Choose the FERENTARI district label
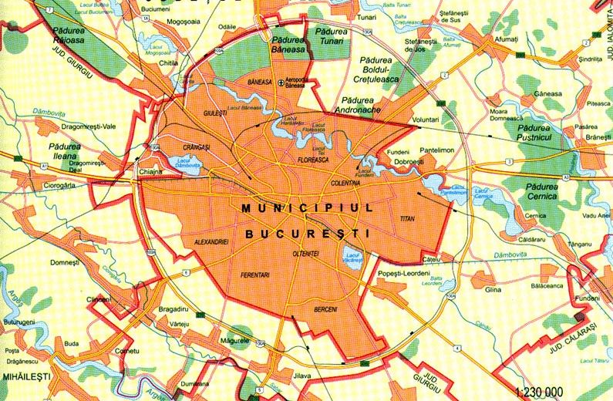coord(256,274)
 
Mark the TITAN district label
coord(408,219)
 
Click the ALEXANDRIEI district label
coord(210,242)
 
